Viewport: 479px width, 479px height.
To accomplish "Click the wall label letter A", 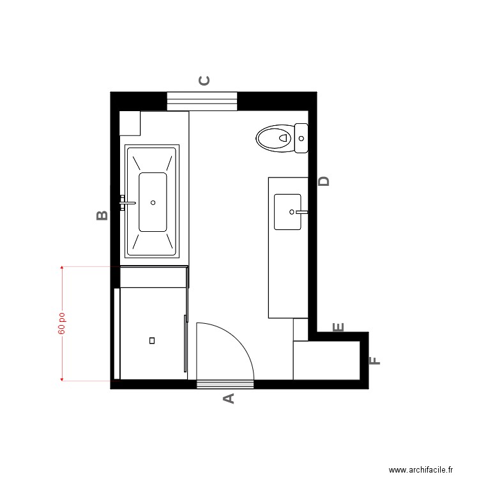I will tap(228, 399).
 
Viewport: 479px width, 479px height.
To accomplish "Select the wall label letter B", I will tap(102, 215).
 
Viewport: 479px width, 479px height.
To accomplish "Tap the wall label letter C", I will tap(204, 80).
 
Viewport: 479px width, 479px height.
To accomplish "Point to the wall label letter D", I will tap(324, 181).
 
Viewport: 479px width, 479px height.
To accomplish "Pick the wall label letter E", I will tap(338, 328).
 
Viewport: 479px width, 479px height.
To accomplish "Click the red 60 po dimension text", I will tap(62, 323).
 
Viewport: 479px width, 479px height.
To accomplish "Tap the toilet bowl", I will tap(273, 138).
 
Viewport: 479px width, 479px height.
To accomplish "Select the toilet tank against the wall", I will tap(301, 138).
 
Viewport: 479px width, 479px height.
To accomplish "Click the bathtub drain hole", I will tap(153, 202).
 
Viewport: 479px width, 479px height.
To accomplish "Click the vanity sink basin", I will tap(287, 211).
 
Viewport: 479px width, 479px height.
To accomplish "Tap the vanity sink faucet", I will tap(301, 211).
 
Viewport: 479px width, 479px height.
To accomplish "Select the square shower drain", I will tap(152, 340).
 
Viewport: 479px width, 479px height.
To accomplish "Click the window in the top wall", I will tap(202, 101).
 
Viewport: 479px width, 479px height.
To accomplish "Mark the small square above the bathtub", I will tap(130, 123).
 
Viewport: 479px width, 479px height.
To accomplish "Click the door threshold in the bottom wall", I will tap(225, 384).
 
